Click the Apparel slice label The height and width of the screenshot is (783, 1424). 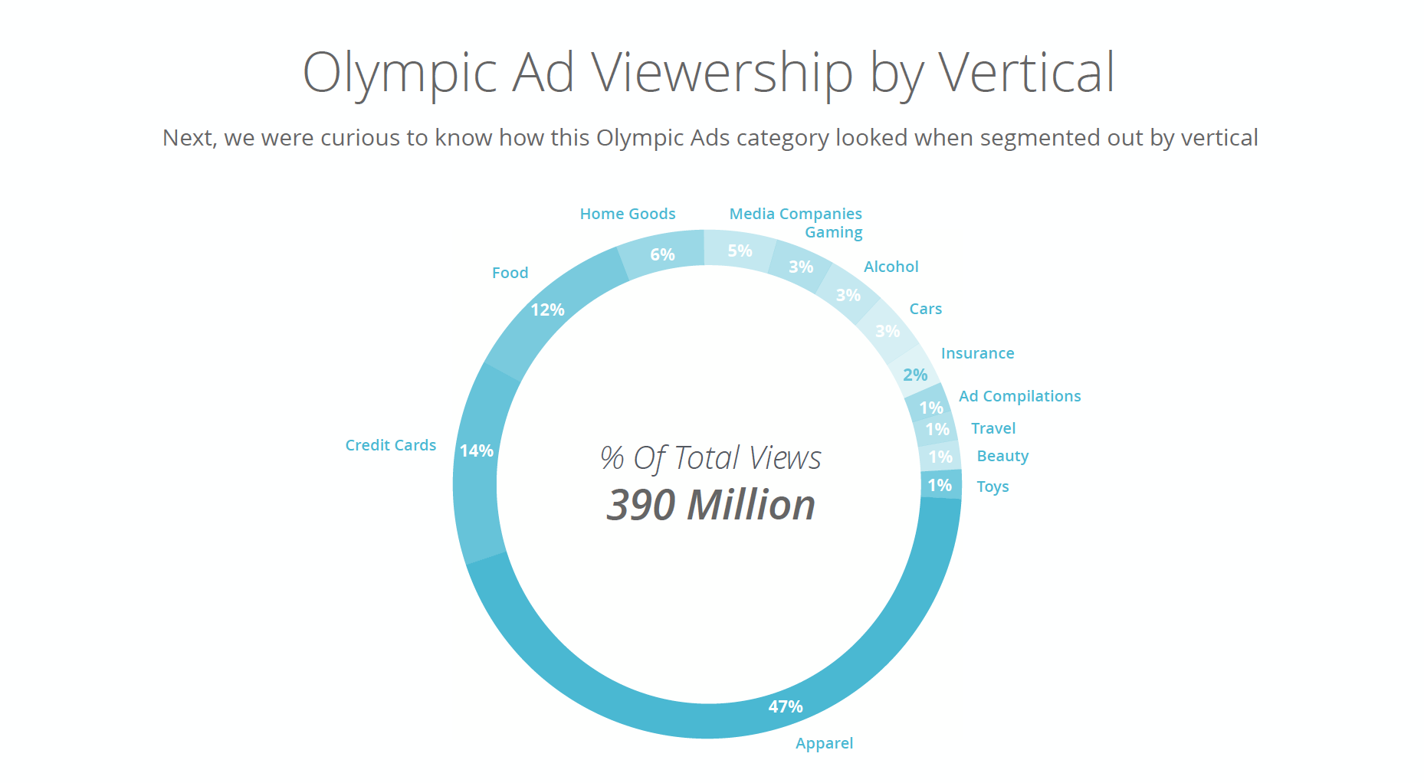point(824,743)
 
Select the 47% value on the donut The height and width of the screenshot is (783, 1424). point(786,706)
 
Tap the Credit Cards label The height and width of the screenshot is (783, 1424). point(390,445)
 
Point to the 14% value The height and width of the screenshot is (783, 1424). point(476,450)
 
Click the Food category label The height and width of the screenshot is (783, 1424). point(510,273)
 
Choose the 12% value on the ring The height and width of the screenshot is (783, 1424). point(547,310)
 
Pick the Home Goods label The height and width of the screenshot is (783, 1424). point(627,214)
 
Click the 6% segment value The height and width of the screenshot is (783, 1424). point(662,254)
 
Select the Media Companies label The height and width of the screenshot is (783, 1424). point(795,214)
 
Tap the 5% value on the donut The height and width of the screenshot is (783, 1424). point(740,251)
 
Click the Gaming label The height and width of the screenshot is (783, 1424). point(833,232)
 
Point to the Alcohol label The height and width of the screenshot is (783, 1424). point(891,267)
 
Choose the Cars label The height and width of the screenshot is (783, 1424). point(925,309)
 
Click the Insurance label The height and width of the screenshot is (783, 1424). point(977,353)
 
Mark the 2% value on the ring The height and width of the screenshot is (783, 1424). point(915,375)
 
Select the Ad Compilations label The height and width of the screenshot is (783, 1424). point(1019,396)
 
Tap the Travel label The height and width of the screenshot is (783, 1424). point(993,428)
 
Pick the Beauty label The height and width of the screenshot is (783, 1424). point(1002,456)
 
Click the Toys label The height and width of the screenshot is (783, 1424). point(993,487)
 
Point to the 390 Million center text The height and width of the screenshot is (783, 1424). point(710,505)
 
